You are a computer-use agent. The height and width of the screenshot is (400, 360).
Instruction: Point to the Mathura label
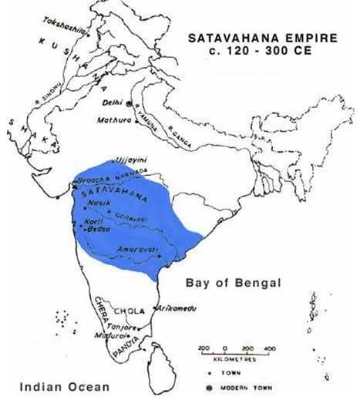pos(111,120)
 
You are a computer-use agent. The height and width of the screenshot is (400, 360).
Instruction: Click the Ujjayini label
pos(131,160)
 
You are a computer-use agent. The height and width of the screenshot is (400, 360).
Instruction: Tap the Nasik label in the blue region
pos(98,202)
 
